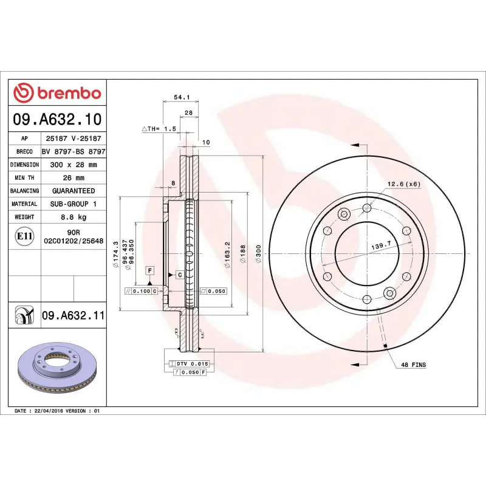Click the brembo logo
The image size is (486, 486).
(x=57, y=93)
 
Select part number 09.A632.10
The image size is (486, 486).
(x=57, y=120)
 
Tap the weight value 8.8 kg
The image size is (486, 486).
(x=73, y=217)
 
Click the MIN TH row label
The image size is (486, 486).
(x=25, y=178)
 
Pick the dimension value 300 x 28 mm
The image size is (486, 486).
(x=73, y=165)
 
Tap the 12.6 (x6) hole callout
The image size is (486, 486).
(x=404, y=184)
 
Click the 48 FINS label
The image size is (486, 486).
(x=413, y=365)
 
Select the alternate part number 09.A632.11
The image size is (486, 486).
(x=74, y=316)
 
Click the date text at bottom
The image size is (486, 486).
(x=56, y=411)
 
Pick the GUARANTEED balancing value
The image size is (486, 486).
(x=73, y=191)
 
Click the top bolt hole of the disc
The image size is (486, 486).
(x=366, y=208)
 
